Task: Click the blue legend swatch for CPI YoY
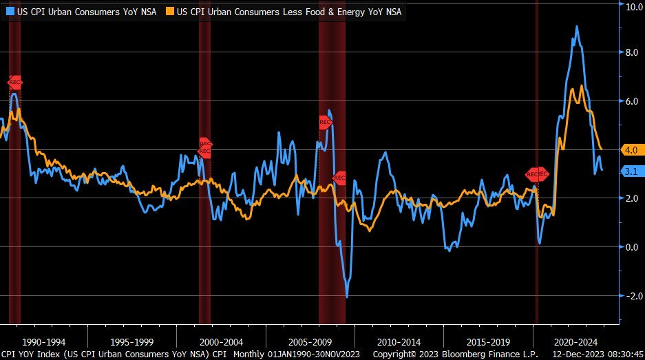click(10, 11)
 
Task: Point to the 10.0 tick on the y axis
click(633, 6)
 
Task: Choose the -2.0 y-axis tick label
click(631, 295)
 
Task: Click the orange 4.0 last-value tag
click(631, 149)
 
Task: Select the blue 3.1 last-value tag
click(631, 171)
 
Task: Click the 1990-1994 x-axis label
click(43, 341)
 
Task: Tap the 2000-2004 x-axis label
click(222, 341)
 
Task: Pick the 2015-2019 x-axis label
click(489, 341)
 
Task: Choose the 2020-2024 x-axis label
click(577, 341)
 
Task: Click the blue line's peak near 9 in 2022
click(576, 27)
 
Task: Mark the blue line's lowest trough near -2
click(347, 297)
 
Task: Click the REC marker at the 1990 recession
click(15, 82)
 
